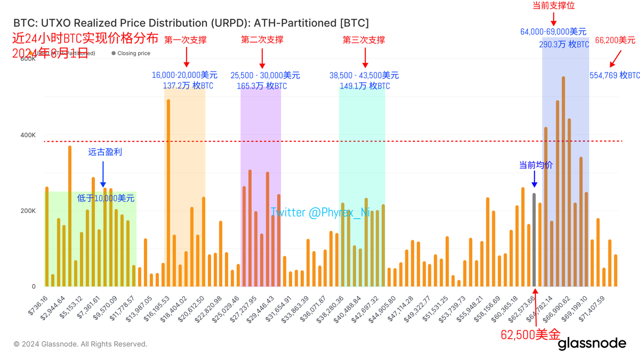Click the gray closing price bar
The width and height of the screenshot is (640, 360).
click(534, 240)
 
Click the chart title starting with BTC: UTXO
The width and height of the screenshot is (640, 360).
click(190, 23)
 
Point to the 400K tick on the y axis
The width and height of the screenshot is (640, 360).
click(28, 135)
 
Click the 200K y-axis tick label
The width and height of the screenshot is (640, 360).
click(28, 211)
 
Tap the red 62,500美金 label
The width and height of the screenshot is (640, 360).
click(530, 335)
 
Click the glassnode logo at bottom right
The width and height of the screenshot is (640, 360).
click(592, 343)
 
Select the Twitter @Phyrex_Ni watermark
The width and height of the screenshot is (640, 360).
click(320, 212)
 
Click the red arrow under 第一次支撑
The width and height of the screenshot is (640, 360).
click(186, 57)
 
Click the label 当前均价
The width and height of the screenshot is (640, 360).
click(536, 165)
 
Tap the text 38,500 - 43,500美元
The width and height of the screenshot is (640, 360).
click(364, 76)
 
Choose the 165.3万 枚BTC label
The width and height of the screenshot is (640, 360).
click(261, 86)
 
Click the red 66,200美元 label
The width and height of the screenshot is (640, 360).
click(615, 40)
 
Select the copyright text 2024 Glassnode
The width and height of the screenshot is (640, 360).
click(80, 344)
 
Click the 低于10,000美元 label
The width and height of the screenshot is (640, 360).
click(106, 198)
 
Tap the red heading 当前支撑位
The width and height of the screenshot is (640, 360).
click(554, 5)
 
